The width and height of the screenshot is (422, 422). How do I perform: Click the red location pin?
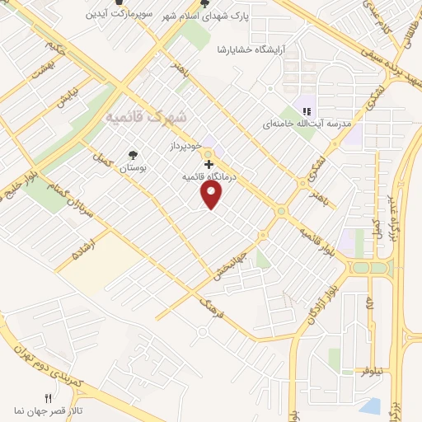tap(213, 195)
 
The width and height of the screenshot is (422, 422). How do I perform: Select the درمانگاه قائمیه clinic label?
tap(208, 176)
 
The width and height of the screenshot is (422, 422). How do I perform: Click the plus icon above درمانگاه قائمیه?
tap(208, 165)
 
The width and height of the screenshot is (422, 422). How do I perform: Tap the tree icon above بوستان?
tap(133, 153)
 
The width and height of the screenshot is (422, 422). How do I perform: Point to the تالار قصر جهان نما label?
tap(47, 410)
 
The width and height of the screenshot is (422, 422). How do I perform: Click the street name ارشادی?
tap(85, 246)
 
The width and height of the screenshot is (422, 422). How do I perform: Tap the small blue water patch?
tap(371, 406)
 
